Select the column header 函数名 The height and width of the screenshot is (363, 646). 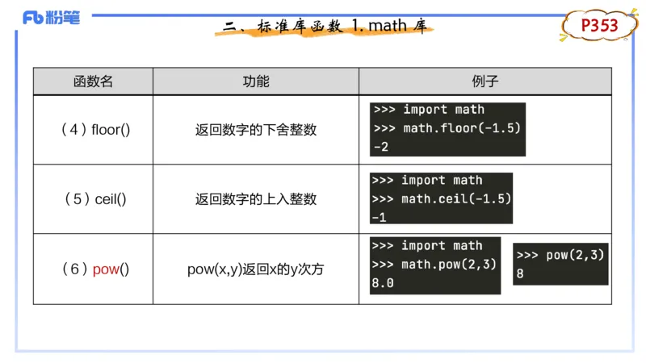[93, 81]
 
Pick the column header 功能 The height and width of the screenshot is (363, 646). [256, 81]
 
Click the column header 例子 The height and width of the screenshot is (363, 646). [484, 81]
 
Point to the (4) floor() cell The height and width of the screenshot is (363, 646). [94, 130]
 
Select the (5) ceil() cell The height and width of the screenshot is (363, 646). [94, 199]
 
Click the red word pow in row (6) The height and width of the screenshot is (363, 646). [106, 269]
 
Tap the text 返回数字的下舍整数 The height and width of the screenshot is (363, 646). [256, 130]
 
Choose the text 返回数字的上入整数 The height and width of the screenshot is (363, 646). [256, 199]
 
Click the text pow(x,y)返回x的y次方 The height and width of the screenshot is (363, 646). [256, 269]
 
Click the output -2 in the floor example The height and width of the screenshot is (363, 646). [380, 146]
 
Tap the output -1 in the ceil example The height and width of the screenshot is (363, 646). [379, 217]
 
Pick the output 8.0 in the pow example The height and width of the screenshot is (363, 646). [383, 283]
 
